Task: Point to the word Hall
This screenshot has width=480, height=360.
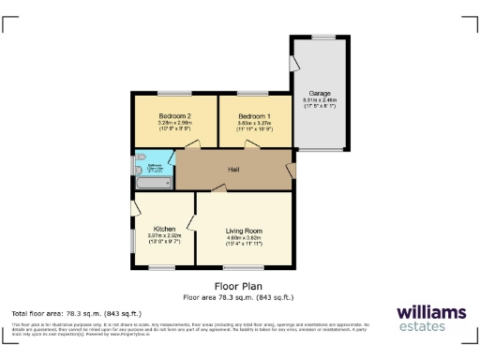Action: [233, 169]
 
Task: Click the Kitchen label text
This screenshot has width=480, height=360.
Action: [164, 229]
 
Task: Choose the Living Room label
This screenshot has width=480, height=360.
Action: [244, 230]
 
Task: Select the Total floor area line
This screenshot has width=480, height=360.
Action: [76, 312]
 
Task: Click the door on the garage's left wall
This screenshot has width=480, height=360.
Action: [292, 63]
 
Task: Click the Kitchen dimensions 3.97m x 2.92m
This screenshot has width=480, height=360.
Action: [164, 235]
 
